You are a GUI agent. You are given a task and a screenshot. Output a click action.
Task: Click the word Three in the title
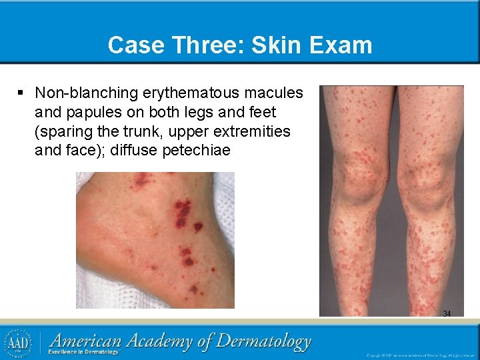[x=205, y=45]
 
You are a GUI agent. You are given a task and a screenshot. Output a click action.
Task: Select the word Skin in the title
[x=273, y=45]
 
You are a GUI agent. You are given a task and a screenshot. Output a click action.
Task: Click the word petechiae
[x=196, y=150]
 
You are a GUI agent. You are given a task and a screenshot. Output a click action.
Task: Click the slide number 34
[x=447, y=313]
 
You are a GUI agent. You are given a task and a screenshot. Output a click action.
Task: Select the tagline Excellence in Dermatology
[x=83, y=352]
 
